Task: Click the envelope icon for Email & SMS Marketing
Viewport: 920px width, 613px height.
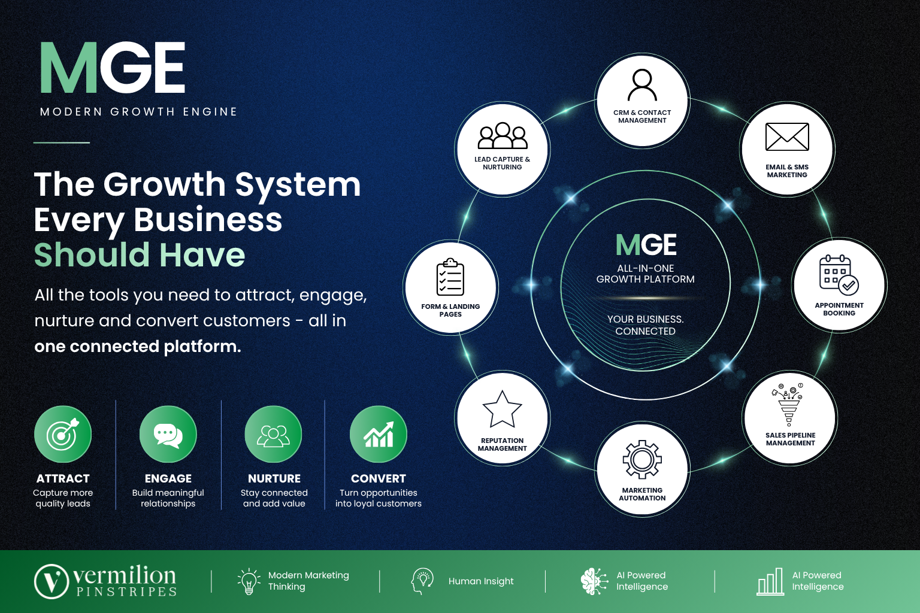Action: [787, 136]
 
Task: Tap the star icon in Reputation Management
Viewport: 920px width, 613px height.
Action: [502, 409]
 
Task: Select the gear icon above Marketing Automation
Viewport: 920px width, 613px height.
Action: [642, 459]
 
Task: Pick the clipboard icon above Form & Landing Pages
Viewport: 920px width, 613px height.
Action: [450, 277]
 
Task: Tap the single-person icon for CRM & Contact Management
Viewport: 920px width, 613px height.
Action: [642, 85]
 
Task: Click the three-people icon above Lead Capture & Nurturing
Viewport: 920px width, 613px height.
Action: [503, 135]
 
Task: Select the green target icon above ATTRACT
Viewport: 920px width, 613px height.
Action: [63, 435]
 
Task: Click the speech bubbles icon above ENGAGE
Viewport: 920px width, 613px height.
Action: [168, 435]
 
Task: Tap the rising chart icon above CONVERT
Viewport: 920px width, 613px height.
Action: [379, 435]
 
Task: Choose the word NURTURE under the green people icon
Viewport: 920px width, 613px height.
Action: [274, 478]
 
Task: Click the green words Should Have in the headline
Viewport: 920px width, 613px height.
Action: [140, 254]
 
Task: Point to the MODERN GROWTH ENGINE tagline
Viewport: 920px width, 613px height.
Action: [138, 112]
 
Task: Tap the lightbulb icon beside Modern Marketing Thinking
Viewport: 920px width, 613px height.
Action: [249, 581]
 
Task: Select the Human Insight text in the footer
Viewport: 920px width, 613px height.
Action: [481, 581]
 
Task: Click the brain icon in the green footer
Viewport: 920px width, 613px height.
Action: [594, 581]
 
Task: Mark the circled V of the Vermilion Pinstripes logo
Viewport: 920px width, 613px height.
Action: [52, 581]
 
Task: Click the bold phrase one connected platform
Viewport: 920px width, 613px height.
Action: [138, 346]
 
